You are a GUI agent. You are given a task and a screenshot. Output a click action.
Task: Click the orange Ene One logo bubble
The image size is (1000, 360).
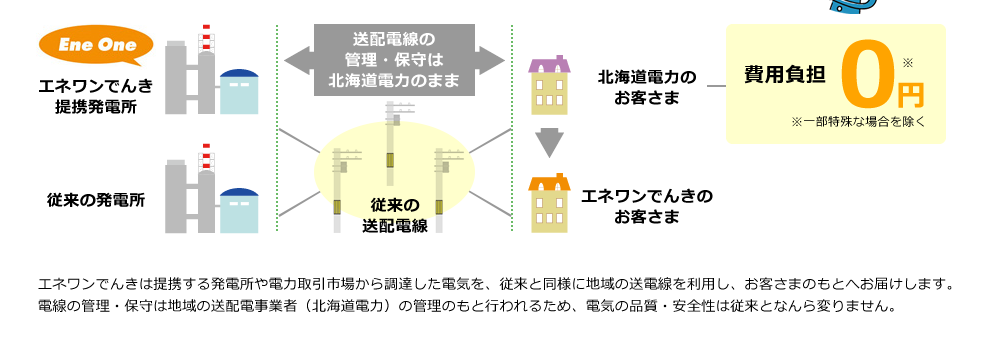pos(96,46)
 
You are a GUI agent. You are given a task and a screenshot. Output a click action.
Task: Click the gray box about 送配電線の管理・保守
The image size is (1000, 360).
pos(395,60)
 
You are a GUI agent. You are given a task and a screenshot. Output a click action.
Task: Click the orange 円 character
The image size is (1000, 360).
pos(910,96)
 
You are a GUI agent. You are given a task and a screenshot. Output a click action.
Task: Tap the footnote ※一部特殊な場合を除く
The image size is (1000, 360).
pos(859,123)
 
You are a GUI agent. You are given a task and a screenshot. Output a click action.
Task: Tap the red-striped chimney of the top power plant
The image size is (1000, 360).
pos(208,40)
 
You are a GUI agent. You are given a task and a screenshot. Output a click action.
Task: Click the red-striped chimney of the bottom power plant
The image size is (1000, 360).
pos(208,158)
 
